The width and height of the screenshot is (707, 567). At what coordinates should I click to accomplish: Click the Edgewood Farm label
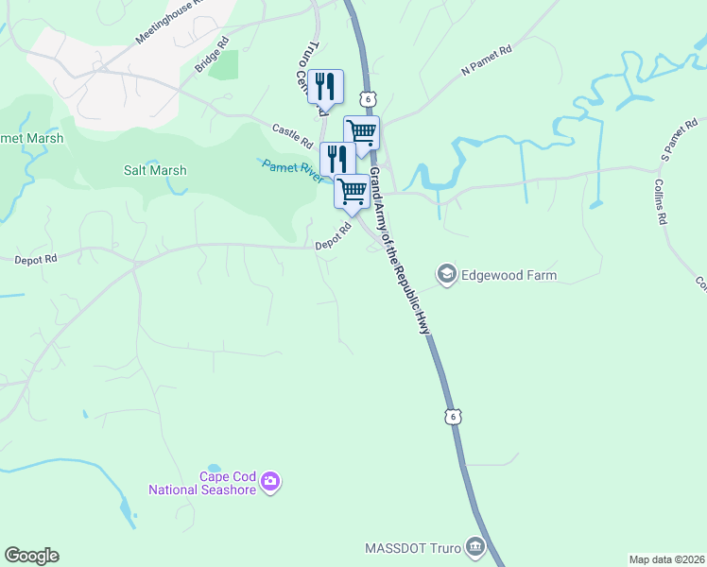[509, 276]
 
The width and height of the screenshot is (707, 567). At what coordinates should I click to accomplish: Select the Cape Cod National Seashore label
[202, 483]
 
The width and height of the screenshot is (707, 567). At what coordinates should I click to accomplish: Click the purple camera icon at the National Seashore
[270, 483]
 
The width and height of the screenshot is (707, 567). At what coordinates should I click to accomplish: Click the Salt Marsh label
[155, 171]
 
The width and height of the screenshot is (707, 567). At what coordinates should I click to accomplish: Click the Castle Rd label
[292, 136]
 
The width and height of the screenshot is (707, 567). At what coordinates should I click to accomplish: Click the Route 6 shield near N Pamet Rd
[368, 98]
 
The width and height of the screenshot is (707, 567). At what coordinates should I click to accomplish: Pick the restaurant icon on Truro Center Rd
[325, 86]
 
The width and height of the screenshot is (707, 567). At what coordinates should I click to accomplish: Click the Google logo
[31, 556]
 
